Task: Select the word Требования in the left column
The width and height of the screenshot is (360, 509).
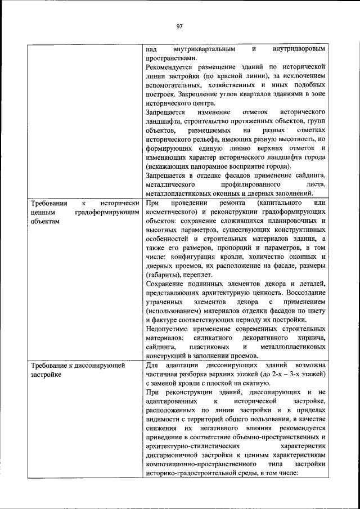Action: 50,202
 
